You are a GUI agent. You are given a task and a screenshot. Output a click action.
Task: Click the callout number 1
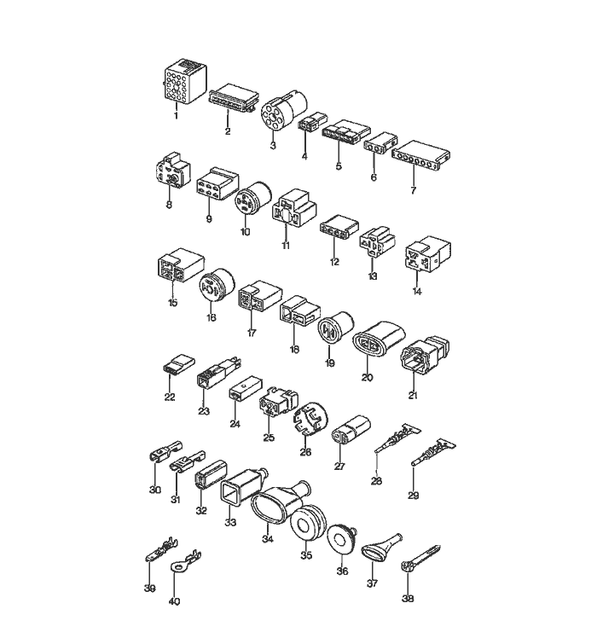(x=176, y=115)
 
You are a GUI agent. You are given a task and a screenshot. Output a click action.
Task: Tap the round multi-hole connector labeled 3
(x=279, y=112)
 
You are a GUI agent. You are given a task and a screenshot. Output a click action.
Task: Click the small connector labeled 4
(x=308, y=125)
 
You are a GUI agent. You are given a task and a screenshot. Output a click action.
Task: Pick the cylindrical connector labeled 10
(x=252, y=202)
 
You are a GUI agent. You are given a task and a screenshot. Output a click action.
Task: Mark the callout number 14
(x=417, y=290)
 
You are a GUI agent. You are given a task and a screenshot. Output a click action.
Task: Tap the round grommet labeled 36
(x=341, y=539)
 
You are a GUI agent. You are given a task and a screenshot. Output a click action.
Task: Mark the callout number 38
(x=408, y=599)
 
